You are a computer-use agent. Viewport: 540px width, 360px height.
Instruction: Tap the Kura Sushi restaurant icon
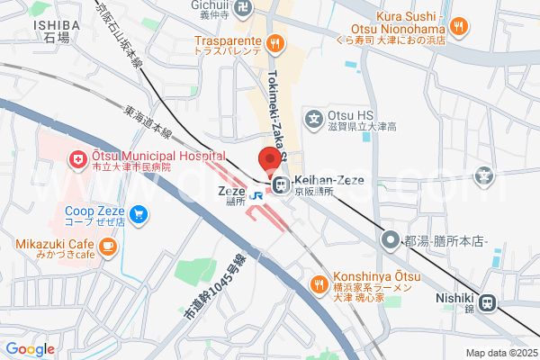point(460,26)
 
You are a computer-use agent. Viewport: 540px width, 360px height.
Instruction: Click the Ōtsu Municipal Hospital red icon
point(77,160)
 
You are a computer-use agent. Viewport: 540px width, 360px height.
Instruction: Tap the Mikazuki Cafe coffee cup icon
point(107,245)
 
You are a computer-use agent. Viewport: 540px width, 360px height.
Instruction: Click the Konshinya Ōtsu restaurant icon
point(318,284)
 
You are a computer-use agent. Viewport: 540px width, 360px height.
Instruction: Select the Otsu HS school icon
point(314,116)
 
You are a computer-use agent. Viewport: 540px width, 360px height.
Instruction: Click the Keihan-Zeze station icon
point(280,185)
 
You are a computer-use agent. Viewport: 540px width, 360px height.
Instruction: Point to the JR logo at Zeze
point(256,195)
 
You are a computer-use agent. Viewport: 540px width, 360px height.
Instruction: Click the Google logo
point(30,349)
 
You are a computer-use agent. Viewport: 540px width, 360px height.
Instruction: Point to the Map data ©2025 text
point(500,352)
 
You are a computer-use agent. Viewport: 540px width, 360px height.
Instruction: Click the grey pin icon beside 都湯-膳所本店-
point(390,239)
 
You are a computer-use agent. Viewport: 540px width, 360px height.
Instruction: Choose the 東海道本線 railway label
point(148,123)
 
